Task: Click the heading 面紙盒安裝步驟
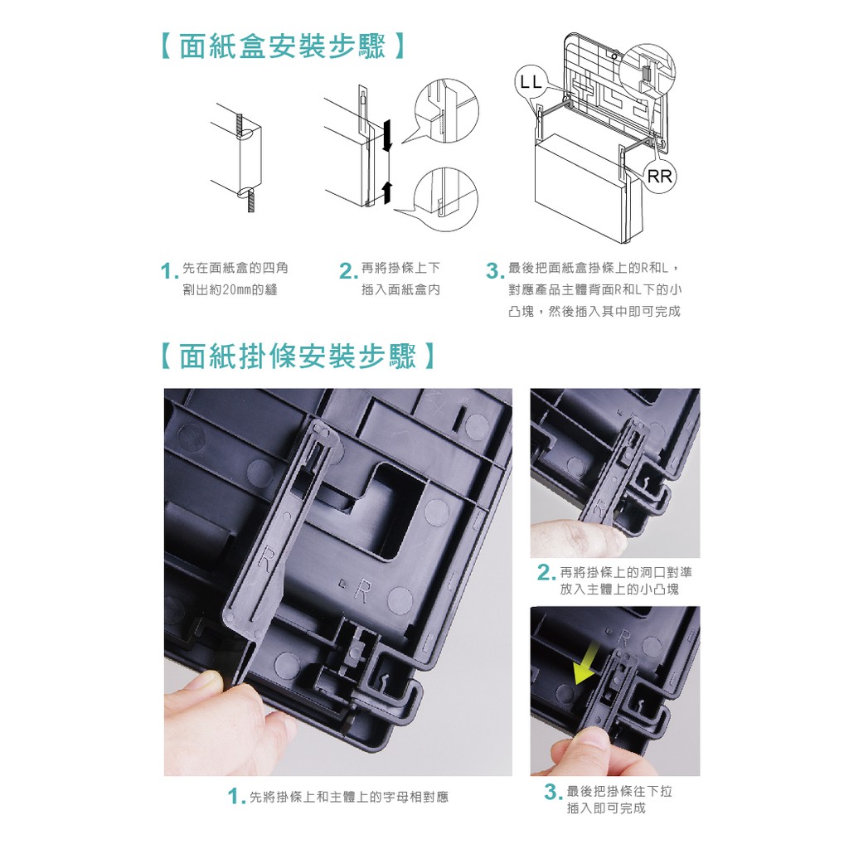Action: (283, 46)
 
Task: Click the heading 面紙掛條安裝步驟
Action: (298, 357)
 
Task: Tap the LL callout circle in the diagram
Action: (530, 83)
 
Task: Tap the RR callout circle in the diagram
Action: (659, 177)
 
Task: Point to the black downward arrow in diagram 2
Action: (386, 135)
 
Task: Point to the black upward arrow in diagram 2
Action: (386, 192)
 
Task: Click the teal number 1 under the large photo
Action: (233, 797)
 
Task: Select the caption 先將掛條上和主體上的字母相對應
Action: (349, 797)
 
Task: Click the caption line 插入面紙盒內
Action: (400, 290)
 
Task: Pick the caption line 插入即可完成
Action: (606, 808)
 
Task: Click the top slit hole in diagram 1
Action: (245, 133)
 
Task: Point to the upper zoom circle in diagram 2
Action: (447, 111)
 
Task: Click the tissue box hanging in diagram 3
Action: (588, 184)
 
